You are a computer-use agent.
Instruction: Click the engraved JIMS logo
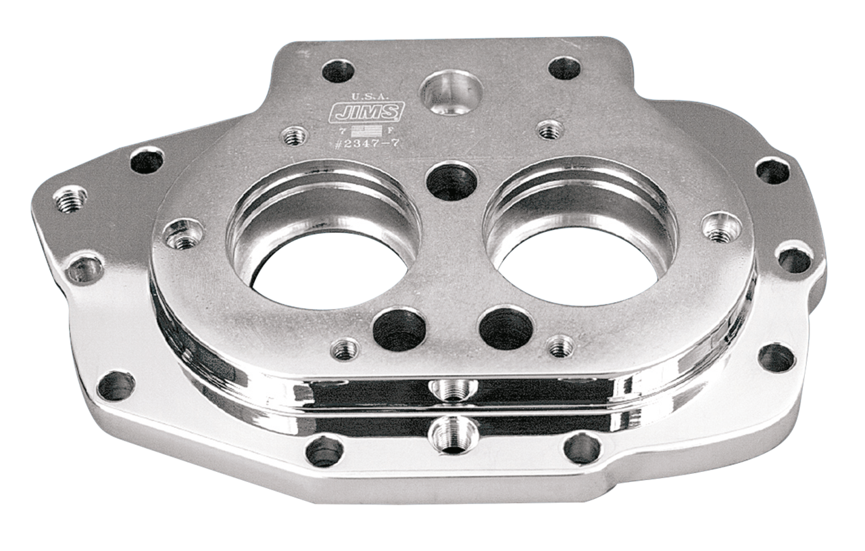(x=366, y=112)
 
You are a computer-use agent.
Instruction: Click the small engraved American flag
(x=370, y=130)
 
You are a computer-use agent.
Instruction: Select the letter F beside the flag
(x=391, y=130)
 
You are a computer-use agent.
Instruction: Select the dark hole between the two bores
(x=449, y=181)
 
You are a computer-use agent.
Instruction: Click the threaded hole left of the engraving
(x=294, y=135)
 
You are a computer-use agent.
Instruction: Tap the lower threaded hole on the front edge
(x=447, y=427)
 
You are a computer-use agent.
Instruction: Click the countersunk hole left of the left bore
(x=179, y=233)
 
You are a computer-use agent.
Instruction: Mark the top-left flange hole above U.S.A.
(x=336, y=70)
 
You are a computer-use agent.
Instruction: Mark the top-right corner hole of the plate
(x=564, y=68)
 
